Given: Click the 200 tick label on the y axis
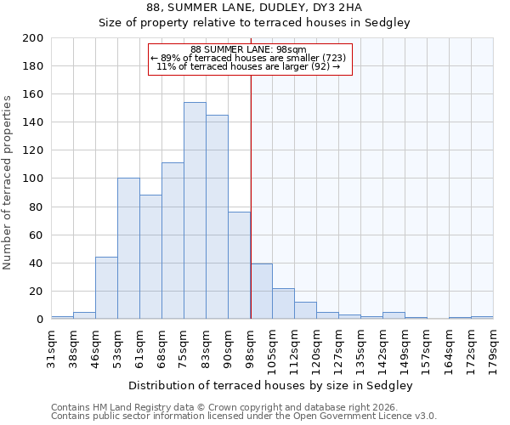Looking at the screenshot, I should pos(33,38).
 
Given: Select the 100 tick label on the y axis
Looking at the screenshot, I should pos(33,178).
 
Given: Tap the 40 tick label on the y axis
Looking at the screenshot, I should pos(37,263).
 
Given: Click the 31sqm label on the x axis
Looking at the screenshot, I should pos(51,345).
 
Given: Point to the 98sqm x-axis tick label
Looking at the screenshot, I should pos(250,345).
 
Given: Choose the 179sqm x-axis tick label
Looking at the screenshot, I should pos(493,345).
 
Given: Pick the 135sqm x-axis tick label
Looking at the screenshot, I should pos(360,345).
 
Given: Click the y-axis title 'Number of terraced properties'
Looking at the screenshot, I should pos(8,183).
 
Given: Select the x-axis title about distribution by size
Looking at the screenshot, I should pos(270,385).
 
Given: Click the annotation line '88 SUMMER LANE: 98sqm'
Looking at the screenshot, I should pos(248,50).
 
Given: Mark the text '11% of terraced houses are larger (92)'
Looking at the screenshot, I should pos(248,66).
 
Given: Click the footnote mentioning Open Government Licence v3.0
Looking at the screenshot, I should pos(244,416).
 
